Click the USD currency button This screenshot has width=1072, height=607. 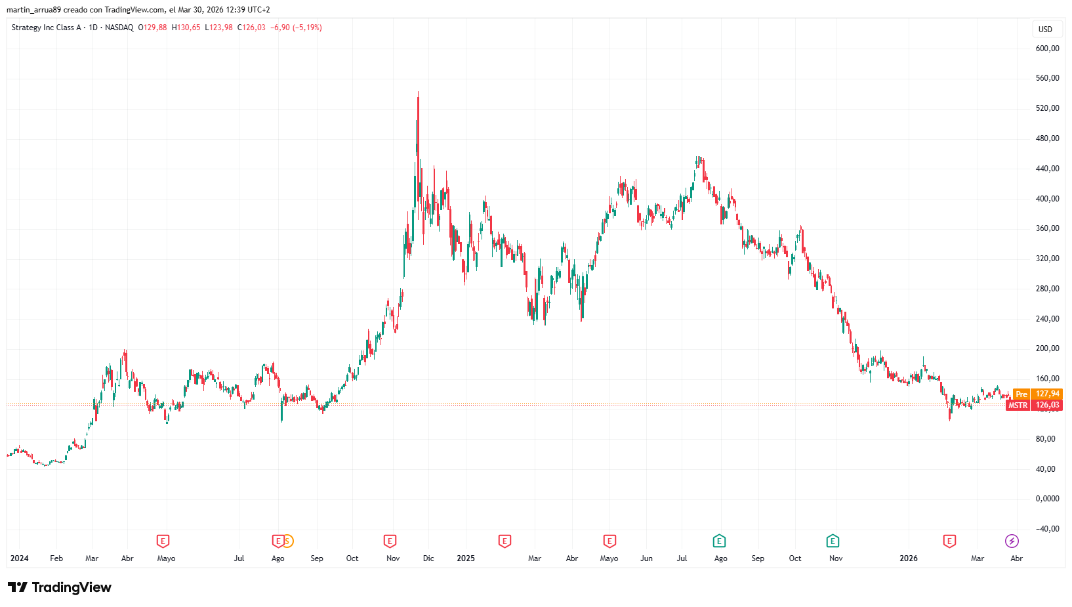tap(1045, 29)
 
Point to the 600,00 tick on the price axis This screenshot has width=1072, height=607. tap(1047, 48)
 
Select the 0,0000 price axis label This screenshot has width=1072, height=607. tap(1047, 499)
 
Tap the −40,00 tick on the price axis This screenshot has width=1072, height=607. tap(1046, 529)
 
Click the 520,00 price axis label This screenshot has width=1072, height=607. tap(1047, 108)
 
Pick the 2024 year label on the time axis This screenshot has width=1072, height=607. tap(19, 558)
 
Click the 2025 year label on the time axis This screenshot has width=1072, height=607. tap(466, 558)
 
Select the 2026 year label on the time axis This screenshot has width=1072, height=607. tap(909, 558)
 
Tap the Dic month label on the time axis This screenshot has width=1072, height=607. tap(428, 558)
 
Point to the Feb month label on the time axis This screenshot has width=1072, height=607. tap(56, 558)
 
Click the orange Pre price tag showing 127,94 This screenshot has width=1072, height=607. tap(1037, 394)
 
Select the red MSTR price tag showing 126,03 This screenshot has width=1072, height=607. tap(1034, 406)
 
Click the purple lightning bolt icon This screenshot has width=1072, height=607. tap(1012, 541)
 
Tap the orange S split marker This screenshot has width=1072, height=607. tap(287, 541)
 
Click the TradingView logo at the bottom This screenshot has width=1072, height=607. tap(60, 587)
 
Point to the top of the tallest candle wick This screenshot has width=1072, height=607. tap(418, 93)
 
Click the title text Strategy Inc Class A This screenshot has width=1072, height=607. tap(46, 28)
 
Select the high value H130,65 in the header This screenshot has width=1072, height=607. tap(186, 28)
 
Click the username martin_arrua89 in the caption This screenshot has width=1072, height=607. tap(33, 10)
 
